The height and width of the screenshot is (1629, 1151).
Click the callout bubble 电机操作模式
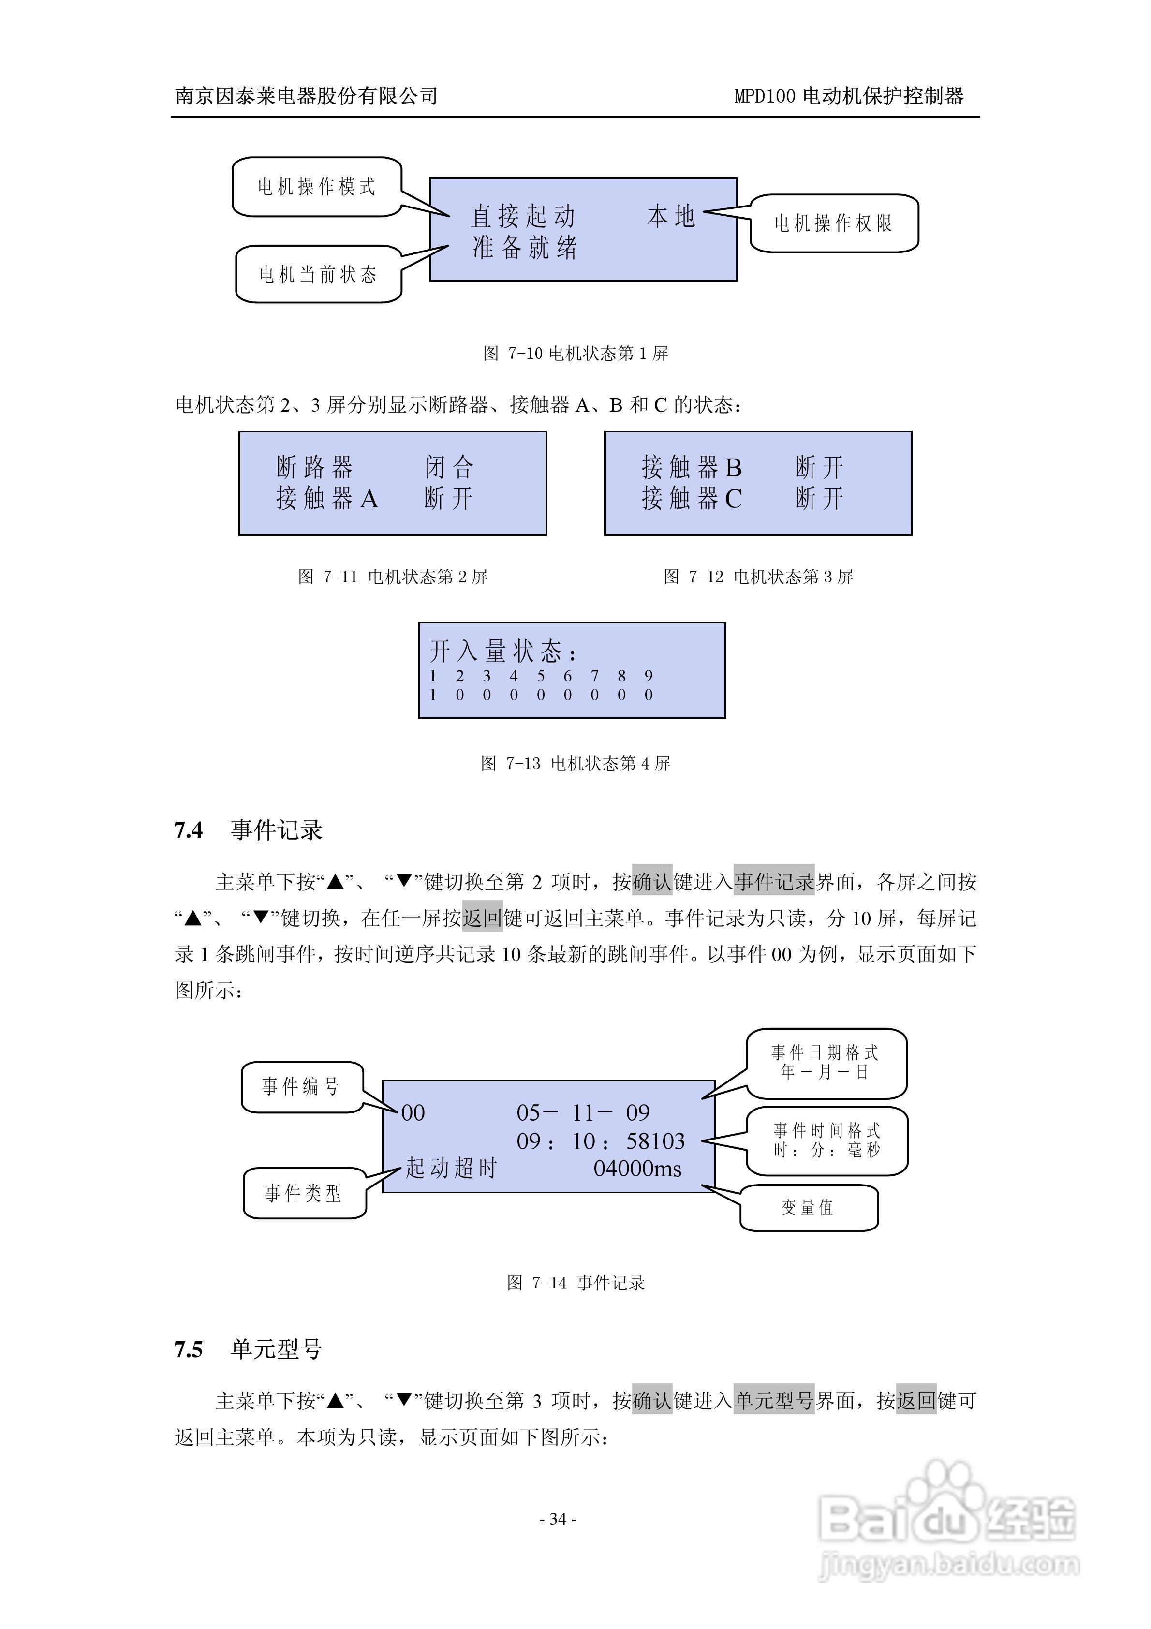click(316, 187)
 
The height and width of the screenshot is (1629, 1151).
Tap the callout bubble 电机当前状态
click(318, 275)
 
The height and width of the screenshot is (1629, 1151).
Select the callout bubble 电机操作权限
click(834, 223)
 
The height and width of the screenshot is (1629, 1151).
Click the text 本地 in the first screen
click(671, 216)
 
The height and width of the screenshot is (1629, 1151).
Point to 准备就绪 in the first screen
click(525, 248)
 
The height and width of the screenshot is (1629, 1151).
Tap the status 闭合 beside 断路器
click(448, 467)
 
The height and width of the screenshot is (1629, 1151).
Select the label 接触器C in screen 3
click(692, 499)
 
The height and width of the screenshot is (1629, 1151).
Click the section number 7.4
click(189, 830)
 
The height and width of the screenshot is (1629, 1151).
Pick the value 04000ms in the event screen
click(637, 1169)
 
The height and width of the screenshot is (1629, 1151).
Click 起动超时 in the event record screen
click(451, 1168)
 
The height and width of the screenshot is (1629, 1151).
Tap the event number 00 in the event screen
click(413, 1112)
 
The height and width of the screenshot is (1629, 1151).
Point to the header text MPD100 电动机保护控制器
click(849, 96)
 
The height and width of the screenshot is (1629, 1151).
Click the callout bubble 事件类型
click(304, 1193)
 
